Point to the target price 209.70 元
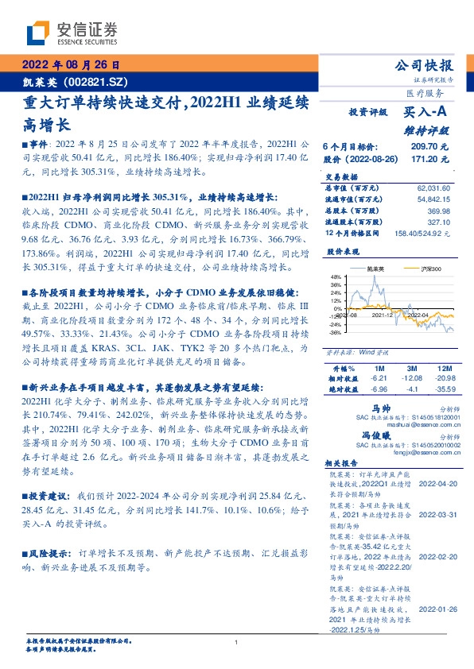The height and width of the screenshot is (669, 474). coord(432,148)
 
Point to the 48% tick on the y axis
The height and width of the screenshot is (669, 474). coord(335,300)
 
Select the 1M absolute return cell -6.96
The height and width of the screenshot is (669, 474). coord(378,390)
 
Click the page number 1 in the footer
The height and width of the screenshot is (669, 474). coord(237,642)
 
